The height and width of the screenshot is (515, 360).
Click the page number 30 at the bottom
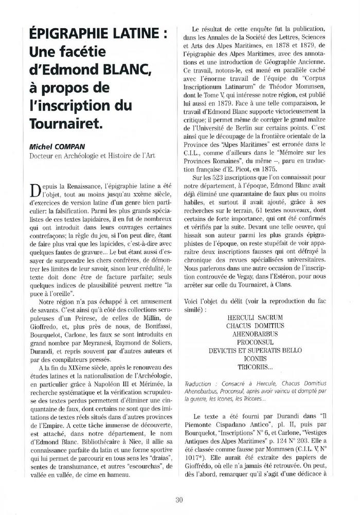click(x=179, y=499)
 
